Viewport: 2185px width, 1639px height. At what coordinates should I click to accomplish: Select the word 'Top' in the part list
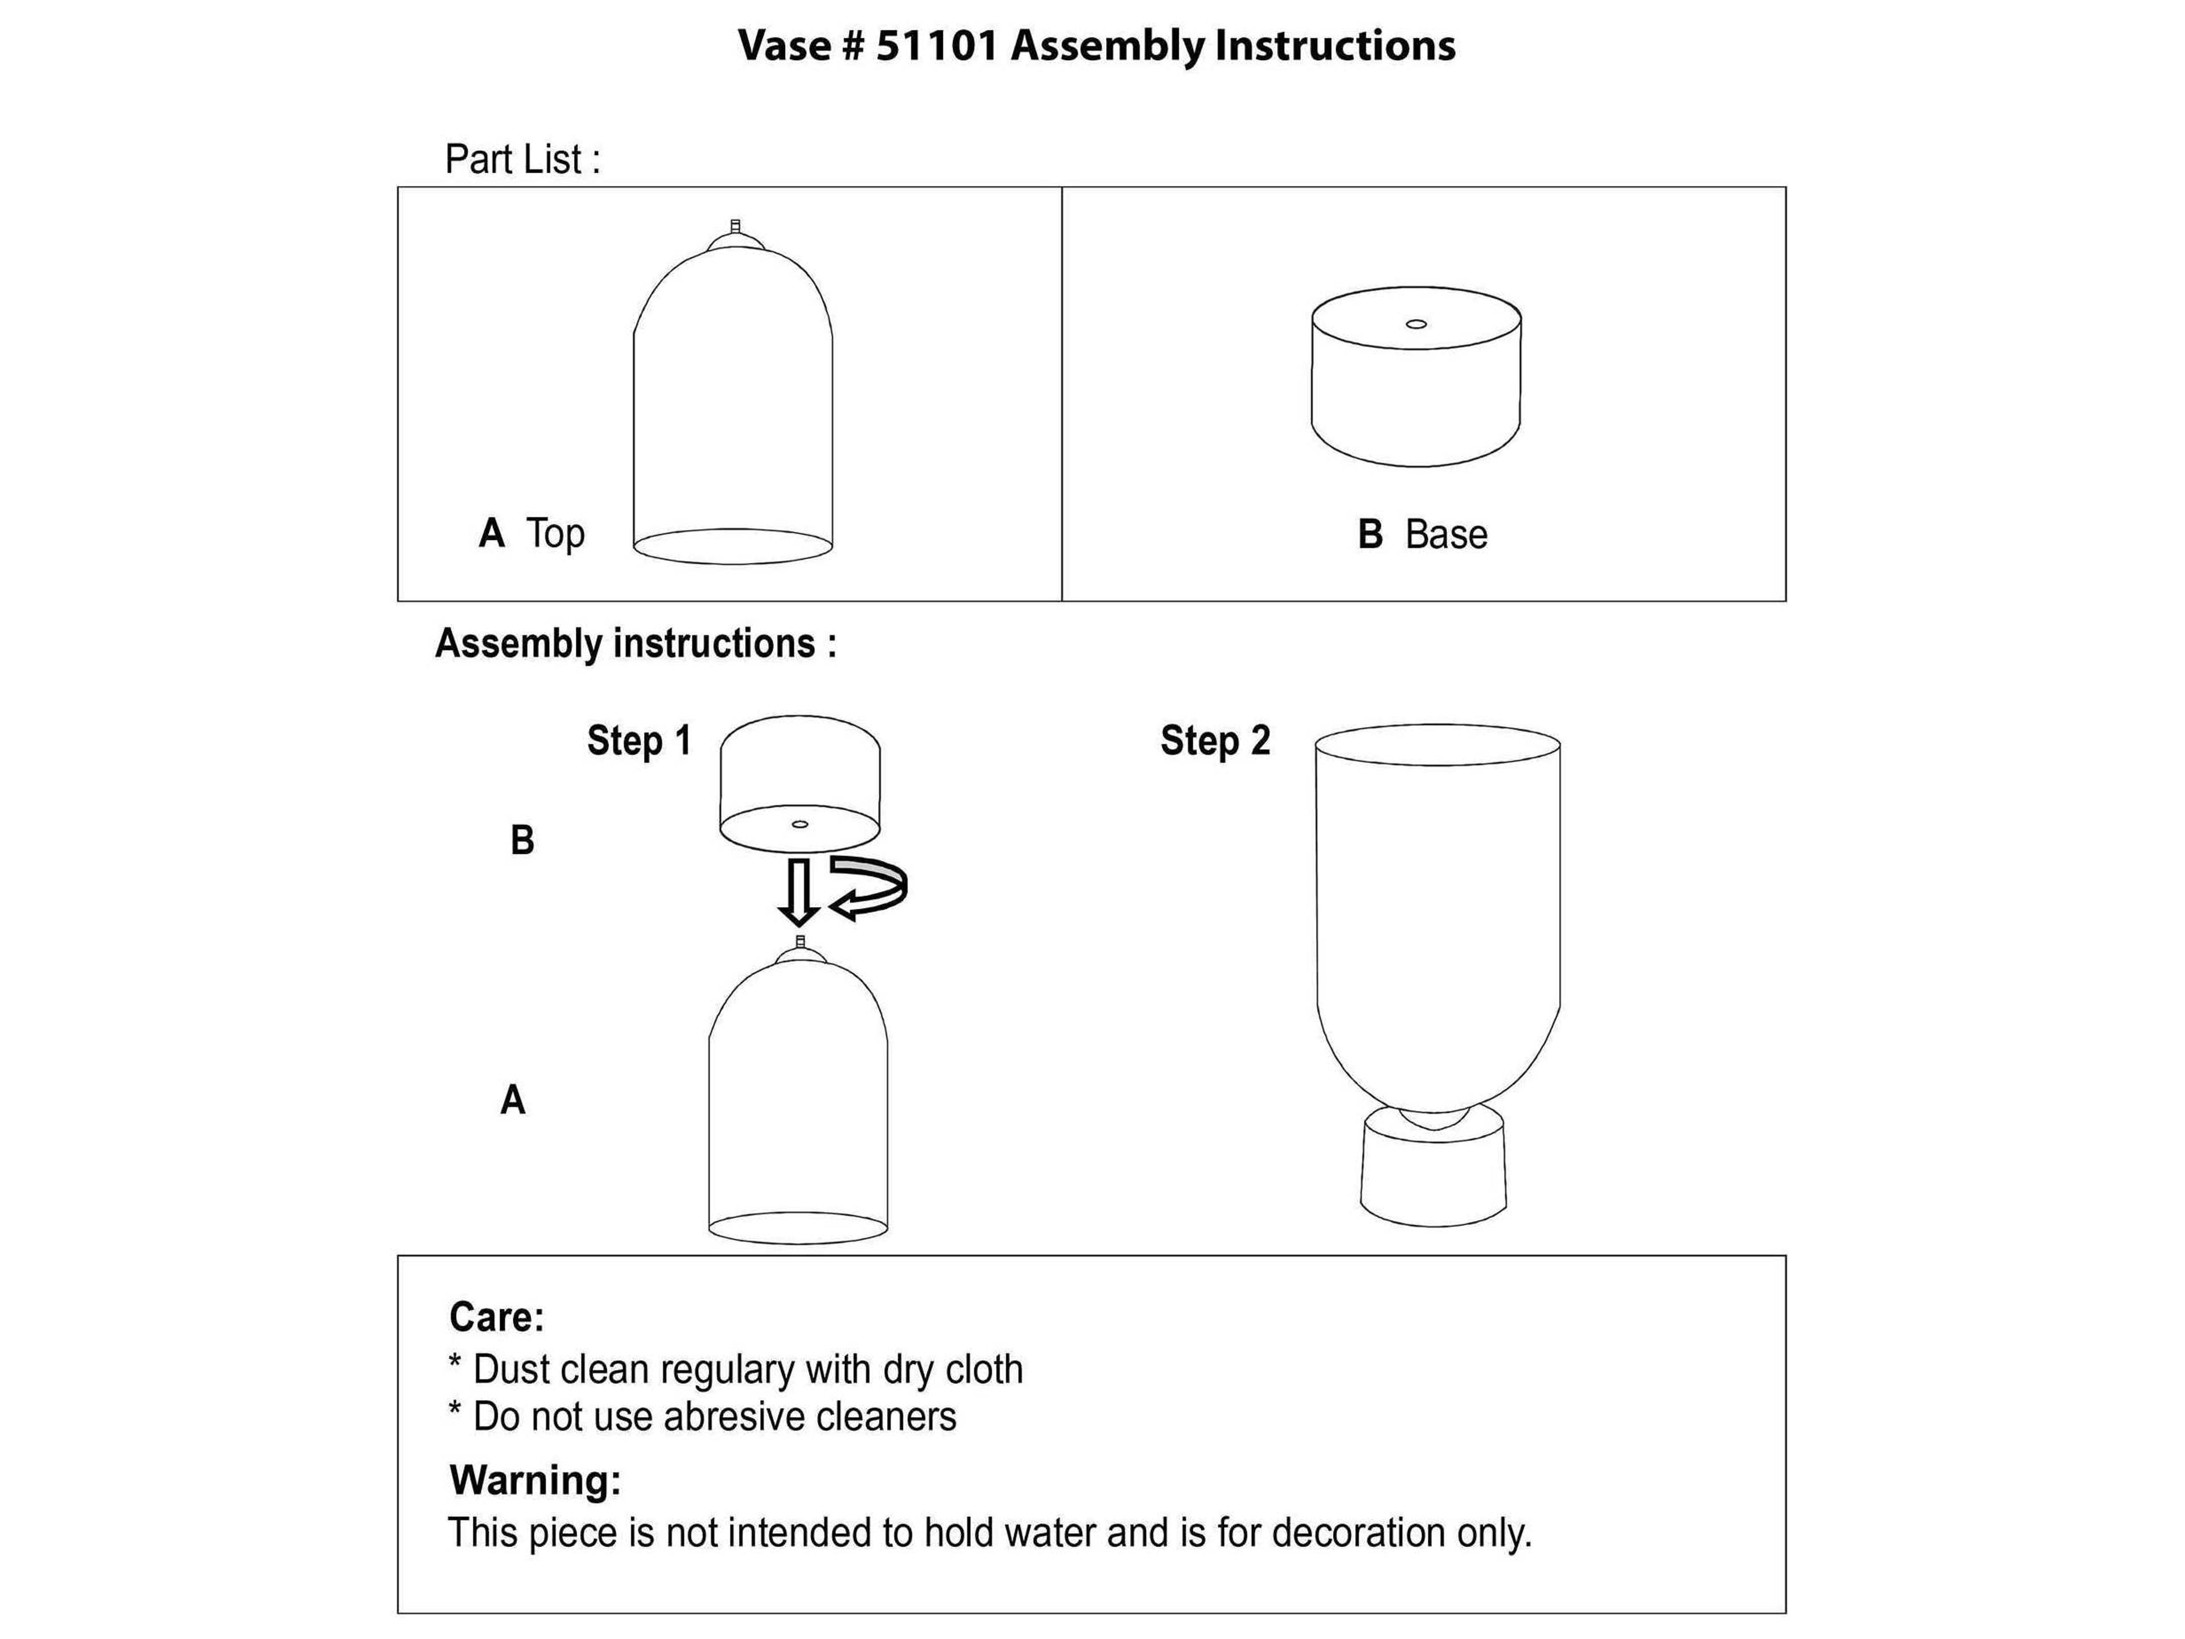[x=555, y=533]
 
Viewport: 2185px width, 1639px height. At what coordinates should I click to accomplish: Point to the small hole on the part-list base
[x=1416, y=324]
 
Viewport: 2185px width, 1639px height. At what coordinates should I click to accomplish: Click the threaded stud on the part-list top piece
[x=734, y=227]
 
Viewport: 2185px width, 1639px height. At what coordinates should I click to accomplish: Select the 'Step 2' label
[x=1215, y=741]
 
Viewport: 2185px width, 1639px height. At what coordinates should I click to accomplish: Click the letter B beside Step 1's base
[x=522, y=841]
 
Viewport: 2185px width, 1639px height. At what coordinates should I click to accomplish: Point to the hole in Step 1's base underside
[x=800, y=824]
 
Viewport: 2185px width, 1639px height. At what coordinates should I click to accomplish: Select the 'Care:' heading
[x=496, y=1317]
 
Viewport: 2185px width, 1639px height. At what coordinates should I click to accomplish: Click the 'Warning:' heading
[x=534, y=1480]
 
